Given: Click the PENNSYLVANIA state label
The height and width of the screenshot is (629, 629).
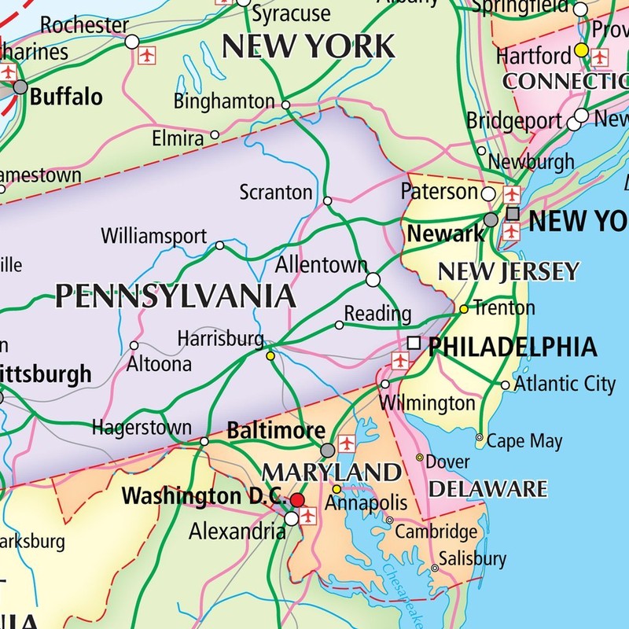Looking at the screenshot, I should pos(175,296).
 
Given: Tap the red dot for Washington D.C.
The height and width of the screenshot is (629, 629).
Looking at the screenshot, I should pos(297,500).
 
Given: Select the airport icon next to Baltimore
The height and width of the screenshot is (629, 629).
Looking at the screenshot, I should pos(346,444).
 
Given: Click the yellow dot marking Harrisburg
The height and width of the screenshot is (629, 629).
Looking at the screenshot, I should pos(270,356).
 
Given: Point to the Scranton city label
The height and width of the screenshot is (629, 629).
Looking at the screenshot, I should pos(276,192).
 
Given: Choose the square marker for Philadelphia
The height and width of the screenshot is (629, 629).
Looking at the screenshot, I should pos(414,343).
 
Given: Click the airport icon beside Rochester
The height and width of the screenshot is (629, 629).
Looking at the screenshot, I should pos(147,56).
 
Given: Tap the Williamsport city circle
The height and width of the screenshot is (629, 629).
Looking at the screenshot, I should pos(220,245).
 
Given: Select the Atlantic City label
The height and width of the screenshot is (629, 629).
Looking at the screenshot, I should pos(565,384).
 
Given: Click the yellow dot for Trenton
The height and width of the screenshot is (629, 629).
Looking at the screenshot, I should pos(464,309).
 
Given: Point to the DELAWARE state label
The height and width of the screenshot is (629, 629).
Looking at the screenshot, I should pos(487,488).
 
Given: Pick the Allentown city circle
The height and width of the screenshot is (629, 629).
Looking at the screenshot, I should pos(373,279).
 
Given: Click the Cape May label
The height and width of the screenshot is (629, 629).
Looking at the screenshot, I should pos(524,440).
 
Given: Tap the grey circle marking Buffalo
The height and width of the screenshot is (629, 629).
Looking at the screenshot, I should pos(20,87).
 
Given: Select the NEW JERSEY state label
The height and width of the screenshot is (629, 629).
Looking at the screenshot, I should pos(508,272).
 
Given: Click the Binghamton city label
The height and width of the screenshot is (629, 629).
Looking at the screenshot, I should pos(224,101).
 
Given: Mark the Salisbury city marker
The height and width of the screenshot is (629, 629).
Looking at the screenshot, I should pos(435,568).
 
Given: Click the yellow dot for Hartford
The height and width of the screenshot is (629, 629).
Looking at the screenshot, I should pos(581,50).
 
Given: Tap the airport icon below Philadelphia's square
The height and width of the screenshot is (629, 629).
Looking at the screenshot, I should pos(401,359).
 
